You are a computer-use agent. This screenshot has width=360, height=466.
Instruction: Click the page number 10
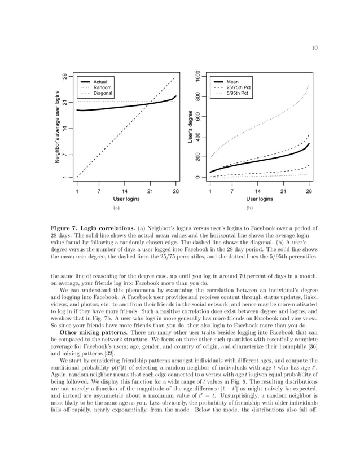pos(314,47)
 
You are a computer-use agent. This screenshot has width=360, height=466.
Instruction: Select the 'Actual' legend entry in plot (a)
pos(100,82)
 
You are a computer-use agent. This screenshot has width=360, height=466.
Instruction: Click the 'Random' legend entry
pos(102,87)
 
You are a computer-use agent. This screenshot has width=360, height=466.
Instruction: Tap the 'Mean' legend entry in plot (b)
pos(232,82)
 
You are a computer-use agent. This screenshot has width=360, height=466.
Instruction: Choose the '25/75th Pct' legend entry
pos(238,87)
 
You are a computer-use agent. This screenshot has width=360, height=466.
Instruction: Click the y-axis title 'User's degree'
pos(190,125)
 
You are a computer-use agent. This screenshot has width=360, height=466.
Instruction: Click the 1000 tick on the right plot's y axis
pos(197,76)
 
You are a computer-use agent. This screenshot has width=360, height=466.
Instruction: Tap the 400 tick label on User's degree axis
pos(197,137)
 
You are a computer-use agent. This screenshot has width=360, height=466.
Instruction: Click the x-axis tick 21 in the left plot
pos(150,191)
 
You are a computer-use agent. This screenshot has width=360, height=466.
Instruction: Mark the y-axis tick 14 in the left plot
pos(65,129)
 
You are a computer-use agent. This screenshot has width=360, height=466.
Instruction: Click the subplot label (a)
pos(117,208)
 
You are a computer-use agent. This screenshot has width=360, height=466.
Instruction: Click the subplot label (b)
pos(251,208)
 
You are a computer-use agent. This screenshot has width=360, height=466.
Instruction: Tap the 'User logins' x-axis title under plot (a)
pos(126,199)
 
